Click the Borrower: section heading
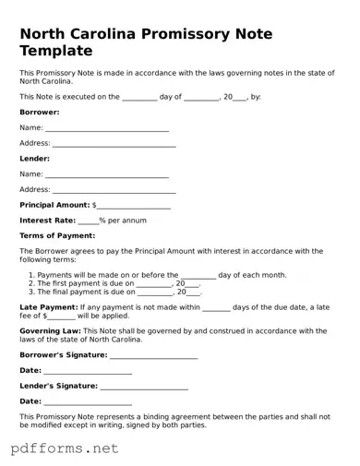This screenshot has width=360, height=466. point(40,112)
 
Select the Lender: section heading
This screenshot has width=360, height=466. point(34,158)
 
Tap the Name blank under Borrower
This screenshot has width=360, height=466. point(106,128)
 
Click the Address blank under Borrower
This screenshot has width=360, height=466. point(114,144)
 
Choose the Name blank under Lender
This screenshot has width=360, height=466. point(106,174)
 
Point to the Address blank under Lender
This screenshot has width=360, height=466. point(114,190)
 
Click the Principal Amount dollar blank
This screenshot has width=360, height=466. point(134,206)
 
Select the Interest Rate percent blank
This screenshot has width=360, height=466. point(88,221)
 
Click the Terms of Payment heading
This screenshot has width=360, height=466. point(57,236)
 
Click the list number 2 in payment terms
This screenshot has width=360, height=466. point(31,283)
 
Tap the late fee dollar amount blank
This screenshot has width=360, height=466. point(62,316)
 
